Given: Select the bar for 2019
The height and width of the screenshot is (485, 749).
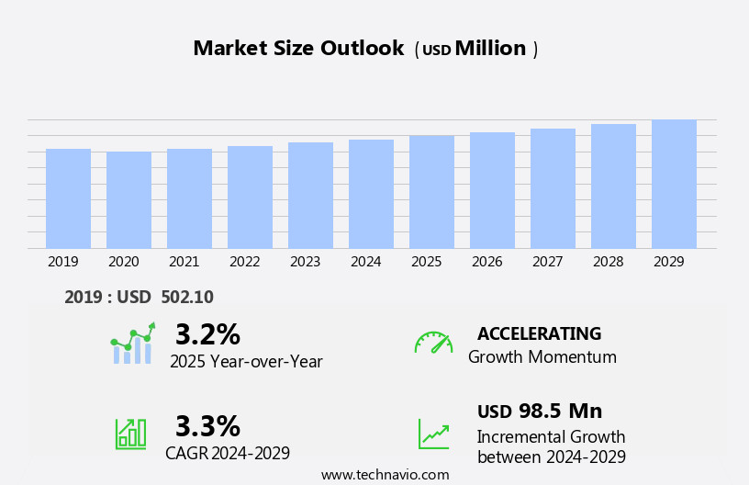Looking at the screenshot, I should tap(68, 198).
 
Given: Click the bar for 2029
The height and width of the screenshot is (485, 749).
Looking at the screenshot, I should tap(674, 184).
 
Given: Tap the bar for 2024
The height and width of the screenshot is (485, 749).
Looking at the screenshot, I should tap(371, 194).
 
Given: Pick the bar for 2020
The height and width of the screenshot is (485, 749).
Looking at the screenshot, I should tap(129, 200).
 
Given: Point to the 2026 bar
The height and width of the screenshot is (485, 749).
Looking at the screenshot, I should tap(492, 190).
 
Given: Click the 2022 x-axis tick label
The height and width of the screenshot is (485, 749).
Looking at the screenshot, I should tap(244, 262).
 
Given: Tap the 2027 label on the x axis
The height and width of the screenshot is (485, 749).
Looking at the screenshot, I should tap(547, 262).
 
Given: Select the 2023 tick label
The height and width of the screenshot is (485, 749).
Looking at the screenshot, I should tap(305, 262).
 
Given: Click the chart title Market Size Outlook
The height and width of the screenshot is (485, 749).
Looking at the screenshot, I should tap(298, 49).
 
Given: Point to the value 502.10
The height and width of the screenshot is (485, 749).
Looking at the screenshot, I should tap(186, 297).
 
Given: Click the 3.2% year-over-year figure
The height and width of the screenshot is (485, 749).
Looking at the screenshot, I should tap(207, 334).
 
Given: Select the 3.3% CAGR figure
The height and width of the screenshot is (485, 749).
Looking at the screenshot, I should tap(207, 426).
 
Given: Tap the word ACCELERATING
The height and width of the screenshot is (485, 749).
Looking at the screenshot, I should tap(539, 333).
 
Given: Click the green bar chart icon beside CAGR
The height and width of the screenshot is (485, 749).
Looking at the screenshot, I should tap(130, 433).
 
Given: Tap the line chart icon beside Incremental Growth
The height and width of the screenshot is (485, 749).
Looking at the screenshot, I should tap(433, 434).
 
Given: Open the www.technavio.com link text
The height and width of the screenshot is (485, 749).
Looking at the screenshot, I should tap(385, 475).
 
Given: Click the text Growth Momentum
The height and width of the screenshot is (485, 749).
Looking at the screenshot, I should tap(542, 357).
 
